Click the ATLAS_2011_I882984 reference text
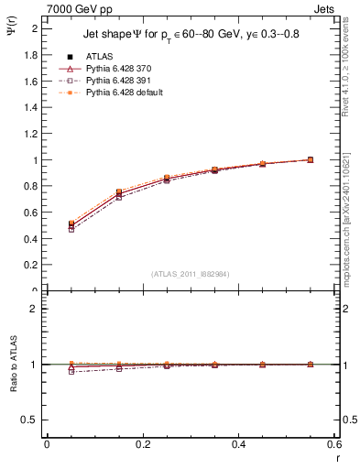(x=191, y=274)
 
